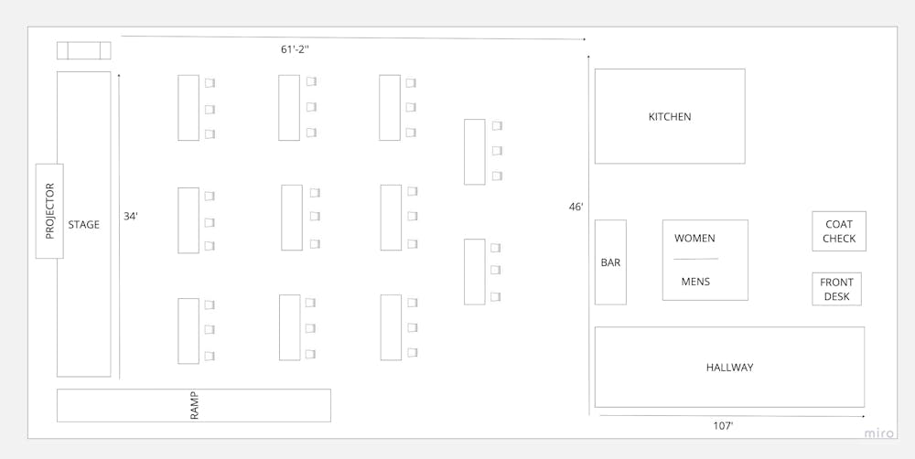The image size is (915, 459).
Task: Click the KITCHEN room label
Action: tap(670, 117)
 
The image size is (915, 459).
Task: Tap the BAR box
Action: tap(610, 262)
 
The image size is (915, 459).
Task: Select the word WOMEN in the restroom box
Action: tap(695, 239)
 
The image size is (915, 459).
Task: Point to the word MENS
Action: tap(695, 282)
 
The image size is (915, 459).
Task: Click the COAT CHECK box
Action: tap(839, 231)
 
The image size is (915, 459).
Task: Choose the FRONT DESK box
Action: tap(836, 290)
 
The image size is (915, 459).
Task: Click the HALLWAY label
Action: tap(729, 368)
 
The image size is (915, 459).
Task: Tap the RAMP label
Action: tap(194, 405)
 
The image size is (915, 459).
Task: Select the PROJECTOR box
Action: tap(49, 211)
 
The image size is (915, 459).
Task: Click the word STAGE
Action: tap(83, 225)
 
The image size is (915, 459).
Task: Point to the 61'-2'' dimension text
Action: tap(295, 49)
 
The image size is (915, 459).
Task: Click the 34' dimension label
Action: tap(131, 217)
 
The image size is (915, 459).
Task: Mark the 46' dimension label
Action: tap(576, 208)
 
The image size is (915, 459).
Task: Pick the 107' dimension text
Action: tap(723, 426)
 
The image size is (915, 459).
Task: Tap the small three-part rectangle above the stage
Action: tap(83, 50)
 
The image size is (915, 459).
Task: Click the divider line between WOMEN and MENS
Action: tap(695, 260)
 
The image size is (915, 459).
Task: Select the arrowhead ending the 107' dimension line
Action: tap(862, 417)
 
